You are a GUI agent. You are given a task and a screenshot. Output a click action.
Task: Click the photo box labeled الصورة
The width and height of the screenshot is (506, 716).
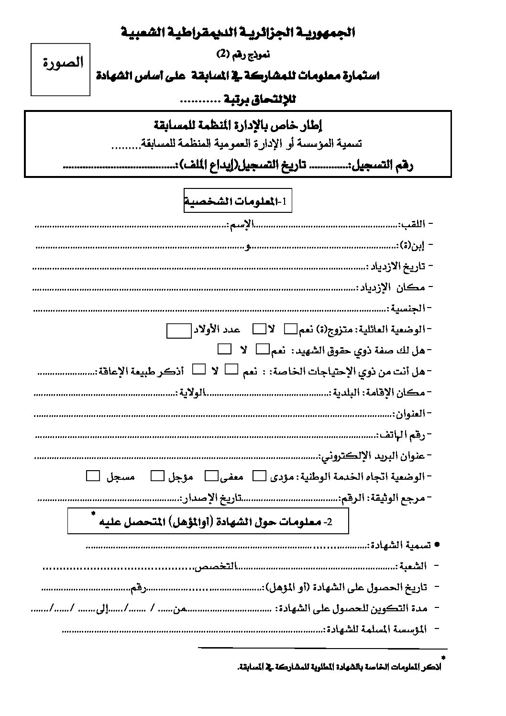(x=61, y=69)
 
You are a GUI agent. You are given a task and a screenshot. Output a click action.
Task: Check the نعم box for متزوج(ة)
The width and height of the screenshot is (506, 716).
(x=290, y=329)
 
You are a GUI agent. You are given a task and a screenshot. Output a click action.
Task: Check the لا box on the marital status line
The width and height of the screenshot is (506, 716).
(x=259, y=329)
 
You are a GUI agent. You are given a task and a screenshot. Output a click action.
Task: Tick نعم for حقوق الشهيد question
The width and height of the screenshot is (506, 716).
(x=263, y=350)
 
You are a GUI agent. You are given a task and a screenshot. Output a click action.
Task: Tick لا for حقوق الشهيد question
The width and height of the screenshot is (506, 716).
(x=224, y=350)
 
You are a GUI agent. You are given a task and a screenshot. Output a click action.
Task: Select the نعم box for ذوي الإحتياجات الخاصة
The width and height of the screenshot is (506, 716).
(x=231, y=370)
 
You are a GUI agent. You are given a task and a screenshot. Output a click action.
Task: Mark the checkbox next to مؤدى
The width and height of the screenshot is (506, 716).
(x=259, y=476)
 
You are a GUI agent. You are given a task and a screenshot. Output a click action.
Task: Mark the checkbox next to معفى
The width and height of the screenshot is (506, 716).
(x=211, y=476)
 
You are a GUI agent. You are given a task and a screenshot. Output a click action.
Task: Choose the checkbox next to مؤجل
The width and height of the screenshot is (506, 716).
(x=157, y=476)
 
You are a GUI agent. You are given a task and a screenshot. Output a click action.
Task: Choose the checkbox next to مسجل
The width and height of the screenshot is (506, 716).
(x=93, y=476)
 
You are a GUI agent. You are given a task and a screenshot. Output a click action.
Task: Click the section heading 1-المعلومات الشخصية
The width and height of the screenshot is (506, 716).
(x=237, y=202)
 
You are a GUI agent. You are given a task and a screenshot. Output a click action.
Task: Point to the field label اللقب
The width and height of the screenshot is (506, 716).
(x=413, y=224)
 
